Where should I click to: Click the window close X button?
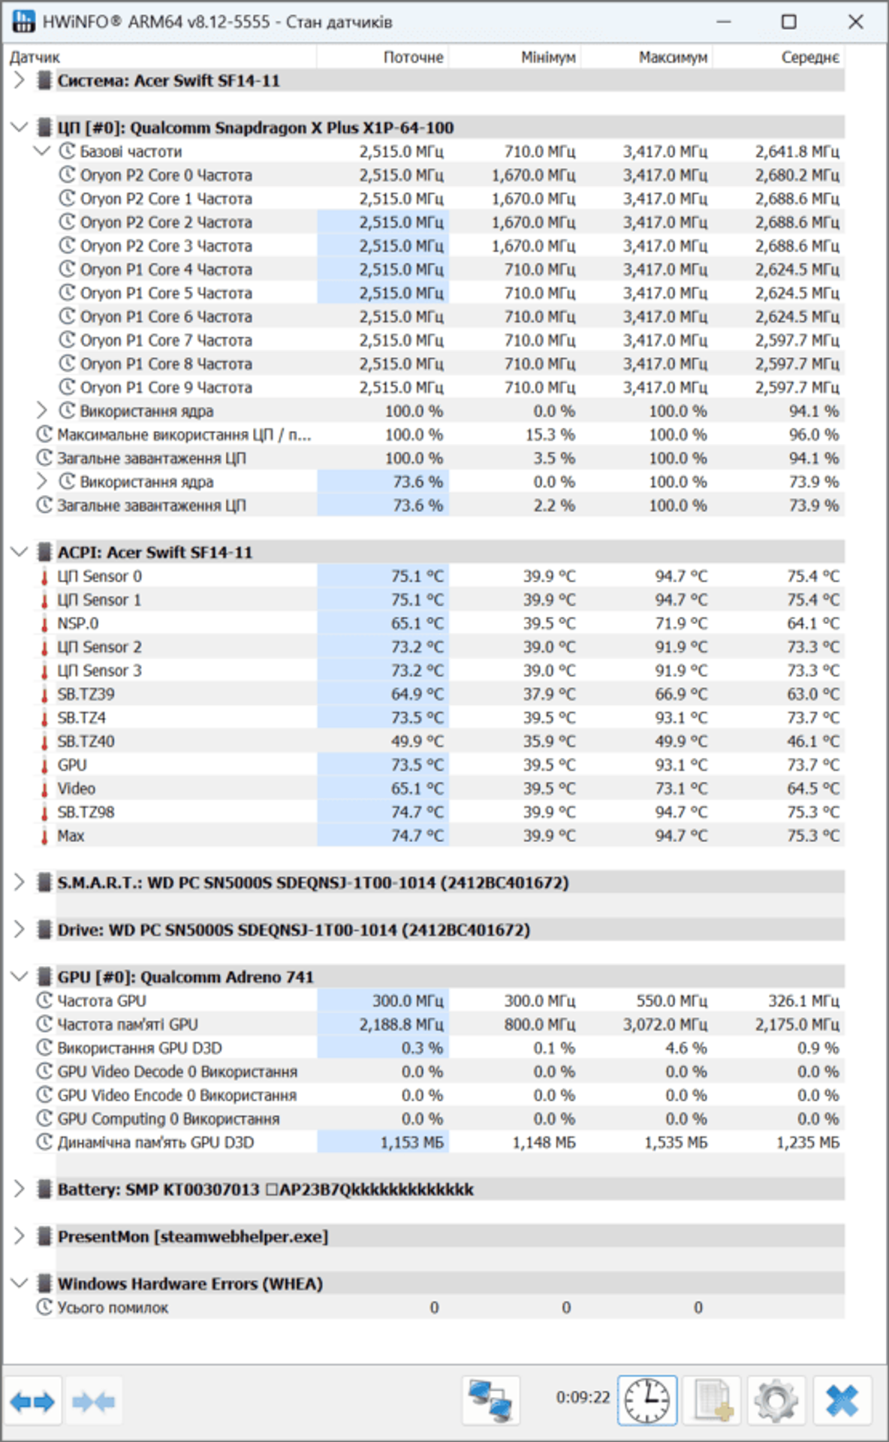pyautogui.click(x=855, y=22)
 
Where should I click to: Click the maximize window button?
pyautogui.click(x=788, y=22)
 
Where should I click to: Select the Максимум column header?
pyautogui.click(x=673, y=57)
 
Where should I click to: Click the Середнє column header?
pyautogui.click(x=810, y=57)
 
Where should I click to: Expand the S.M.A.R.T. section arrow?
pyautogui.click(x=20, y=882)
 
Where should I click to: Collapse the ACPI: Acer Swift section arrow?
pyautogui.click(x=20, y=552)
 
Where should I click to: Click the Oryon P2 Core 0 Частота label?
pyautogui.click(x=166, y=175)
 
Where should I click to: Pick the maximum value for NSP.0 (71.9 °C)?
pyautogui.click(x=681, y=623)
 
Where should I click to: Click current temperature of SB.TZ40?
pyautogui.click(x=417, y=741)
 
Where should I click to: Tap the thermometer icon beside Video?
pyautogui.click(x=44, y=789)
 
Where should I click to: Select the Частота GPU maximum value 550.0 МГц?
pyautogui.click(x=665, y=1000)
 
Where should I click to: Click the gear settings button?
pyautogui.click(x=776, y=1401)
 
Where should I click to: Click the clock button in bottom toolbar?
pyautogui.click(x=647, y=1401)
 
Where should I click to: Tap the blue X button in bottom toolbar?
pyautogui.click(x=842, y=1401)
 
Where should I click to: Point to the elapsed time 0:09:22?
pyautogui.click(x=583, y=1397)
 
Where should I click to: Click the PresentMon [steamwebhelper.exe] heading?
pyautogui.click(x=193, y=1236)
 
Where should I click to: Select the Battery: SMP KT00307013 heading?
pyautogui.click(x=158, y=1189)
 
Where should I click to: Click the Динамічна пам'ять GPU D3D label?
pyautogui.click(x=155, y=1142)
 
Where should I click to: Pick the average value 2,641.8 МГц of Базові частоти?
pyautogui.click(x=797, y=152)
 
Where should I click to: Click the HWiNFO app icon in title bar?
pyautogui.click(x=23, y=22)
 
